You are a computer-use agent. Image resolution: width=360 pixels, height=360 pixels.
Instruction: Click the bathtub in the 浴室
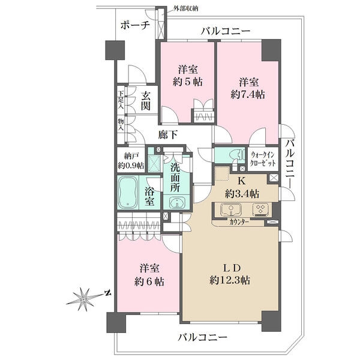[x=128, y=192]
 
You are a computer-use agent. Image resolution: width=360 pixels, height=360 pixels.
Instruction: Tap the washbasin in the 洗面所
[x=177, y=203]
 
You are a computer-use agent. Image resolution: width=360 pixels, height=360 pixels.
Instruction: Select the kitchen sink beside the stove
[x=231, y=209]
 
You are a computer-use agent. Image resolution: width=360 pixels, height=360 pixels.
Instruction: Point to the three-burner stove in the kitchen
[x=260, y=209]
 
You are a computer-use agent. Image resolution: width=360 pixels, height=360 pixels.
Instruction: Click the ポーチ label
[x=135, y=25]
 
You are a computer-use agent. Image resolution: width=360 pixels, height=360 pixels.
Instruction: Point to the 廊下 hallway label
[x=168, y=134]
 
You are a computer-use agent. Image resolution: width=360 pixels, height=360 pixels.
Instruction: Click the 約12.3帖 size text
[x=230, y=280]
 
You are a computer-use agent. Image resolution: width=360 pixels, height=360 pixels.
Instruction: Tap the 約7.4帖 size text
[x=248, y=94]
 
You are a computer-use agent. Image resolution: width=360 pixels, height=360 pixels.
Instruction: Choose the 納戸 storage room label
[x=131, y=156]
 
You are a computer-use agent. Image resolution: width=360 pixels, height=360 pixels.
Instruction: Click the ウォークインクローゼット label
[x=263, y=159]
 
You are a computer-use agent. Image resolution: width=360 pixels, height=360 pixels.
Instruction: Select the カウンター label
[x=239, y=222]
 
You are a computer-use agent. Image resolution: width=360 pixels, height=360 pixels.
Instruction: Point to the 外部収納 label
[x=185, y=9]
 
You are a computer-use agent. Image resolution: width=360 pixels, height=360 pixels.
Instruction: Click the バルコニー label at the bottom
[x=203, y=337]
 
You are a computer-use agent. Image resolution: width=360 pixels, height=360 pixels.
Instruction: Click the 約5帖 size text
[x=188, y=82]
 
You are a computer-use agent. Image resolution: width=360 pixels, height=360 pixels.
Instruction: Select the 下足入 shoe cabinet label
[x=121, y=100]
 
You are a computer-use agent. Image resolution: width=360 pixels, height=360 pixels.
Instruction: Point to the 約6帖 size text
[x=149, y=282]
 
